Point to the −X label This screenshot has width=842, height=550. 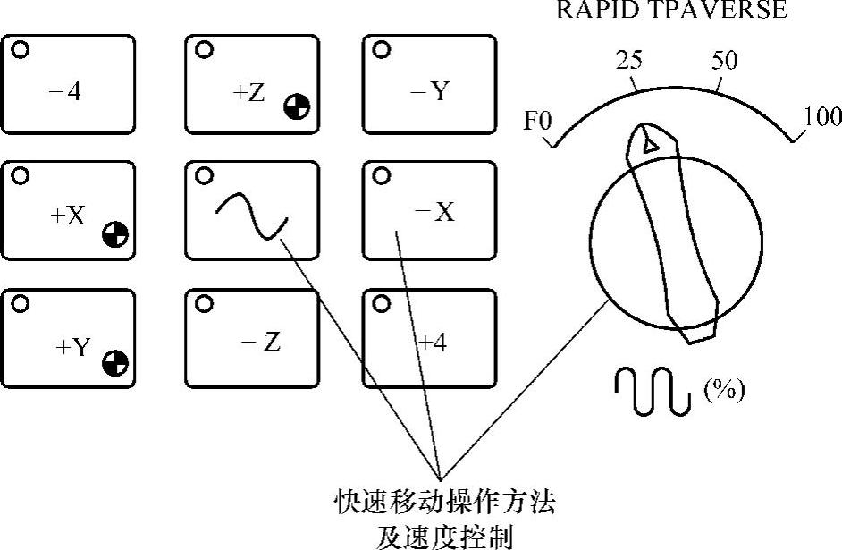[x=435, y=213]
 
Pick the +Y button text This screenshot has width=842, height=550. [x=72, y=346]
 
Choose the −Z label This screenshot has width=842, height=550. [x=262, y=340]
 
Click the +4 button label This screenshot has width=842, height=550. [x=434, y=342]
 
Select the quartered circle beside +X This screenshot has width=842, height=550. [x=114, y=234]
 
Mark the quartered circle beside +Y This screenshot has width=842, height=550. [x=115, y=363]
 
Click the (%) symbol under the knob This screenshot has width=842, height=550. [x=725, y=391]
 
